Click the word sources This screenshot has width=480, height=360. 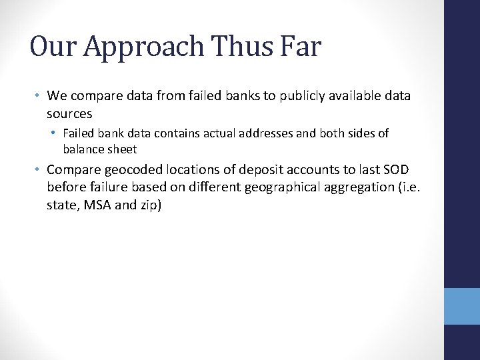[69, 114]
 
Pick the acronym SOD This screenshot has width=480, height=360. [396, 169]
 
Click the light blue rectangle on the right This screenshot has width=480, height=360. [462, 306]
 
